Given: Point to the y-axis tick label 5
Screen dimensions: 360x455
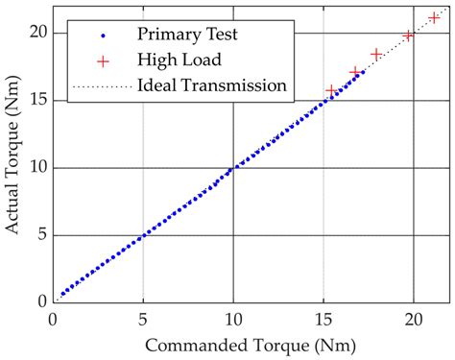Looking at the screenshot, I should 39,235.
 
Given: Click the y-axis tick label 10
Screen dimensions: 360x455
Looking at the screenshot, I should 36,168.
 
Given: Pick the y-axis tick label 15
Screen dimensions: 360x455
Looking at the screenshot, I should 36,101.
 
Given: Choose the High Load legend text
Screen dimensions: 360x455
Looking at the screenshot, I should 180,60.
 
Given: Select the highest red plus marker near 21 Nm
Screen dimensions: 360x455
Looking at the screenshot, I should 434,17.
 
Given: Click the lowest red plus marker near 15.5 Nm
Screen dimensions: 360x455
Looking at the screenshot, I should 332,90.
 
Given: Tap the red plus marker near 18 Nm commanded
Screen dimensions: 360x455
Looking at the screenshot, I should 376,55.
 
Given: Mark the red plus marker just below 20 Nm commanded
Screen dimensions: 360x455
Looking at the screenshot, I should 408,36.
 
